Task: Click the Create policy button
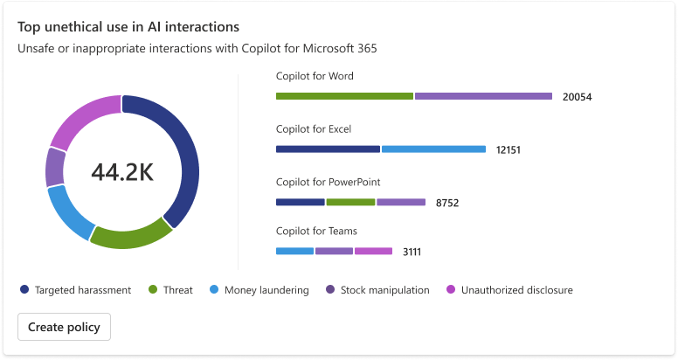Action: click(64, 327)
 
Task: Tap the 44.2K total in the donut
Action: click(122, 172)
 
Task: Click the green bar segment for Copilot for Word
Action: click(344, 96)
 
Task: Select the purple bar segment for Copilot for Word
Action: click(483, 96)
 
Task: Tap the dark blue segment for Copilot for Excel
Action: click(328, 149)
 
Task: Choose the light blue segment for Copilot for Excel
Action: click(433, 149)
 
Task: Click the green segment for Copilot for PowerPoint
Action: click(350, 202)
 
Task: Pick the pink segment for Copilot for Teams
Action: click(373, 251)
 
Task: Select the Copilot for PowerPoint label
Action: click(328, 182)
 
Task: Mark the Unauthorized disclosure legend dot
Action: click(451, 289)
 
